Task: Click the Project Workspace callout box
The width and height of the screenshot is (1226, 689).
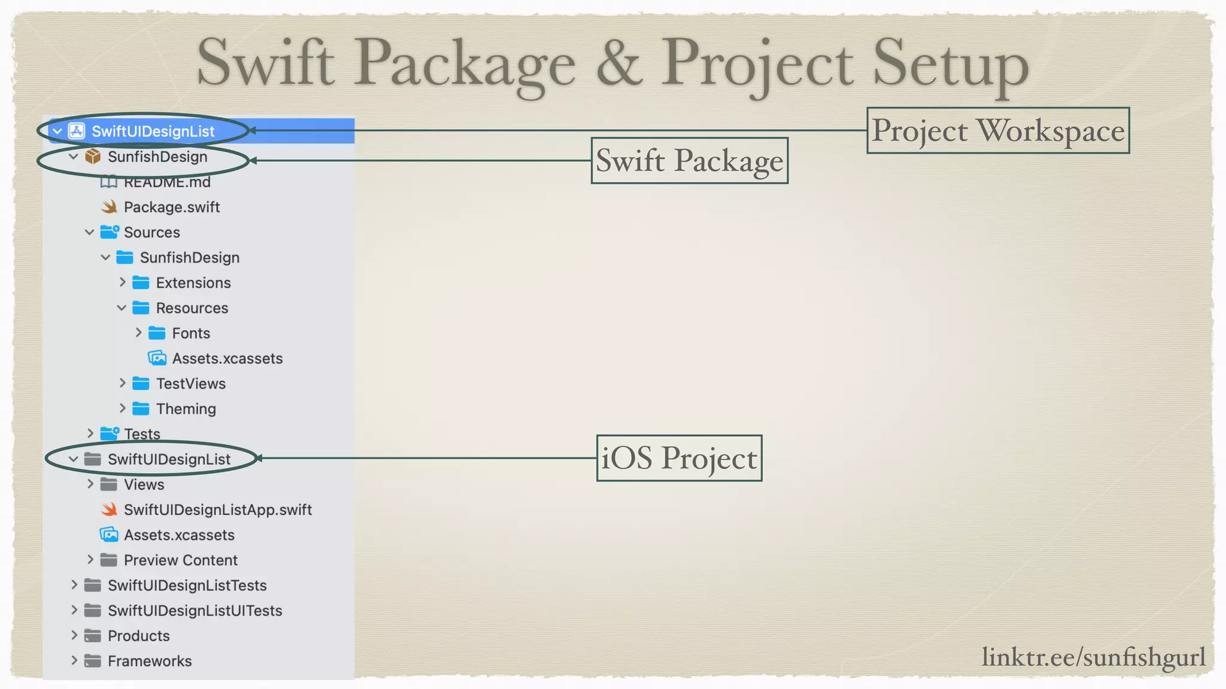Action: (998, 130)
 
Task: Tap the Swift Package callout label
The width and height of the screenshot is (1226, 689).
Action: (689, 160)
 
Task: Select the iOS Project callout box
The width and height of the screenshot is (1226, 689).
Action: (679, 458)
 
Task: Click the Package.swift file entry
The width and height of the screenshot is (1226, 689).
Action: (171, 207)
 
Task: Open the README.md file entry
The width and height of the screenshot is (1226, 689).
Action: (166, 182)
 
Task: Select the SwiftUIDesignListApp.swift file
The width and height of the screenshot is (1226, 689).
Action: (217, 510)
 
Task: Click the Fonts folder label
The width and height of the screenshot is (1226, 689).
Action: (191, 333)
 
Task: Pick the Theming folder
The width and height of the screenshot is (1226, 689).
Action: (186, 409)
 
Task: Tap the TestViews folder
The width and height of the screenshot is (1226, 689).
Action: (190, 383)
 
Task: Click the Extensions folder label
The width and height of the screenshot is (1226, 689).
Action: (193, 283)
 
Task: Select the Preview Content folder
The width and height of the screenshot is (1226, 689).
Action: (180, 560)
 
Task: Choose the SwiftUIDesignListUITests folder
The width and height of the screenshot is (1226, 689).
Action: (195, 611)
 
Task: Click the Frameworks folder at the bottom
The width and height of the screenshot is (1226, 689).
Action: (150, 661)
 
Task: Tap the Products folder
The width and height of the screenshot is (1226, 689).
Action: (138, 636)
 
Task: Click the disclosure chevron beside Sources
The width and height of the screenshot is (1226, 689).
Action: (90, 232)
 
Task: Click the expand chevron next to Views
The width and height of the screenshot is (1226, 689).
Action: (90, 484)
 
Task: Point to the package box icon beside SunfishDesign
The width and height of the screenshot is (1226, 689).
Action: (93, 157)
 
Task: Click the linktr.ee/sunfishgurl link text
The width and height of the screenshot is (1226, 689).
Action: (1093, 657)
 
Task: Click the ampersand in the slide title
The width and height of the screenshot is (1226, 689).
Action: (619, 63)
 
